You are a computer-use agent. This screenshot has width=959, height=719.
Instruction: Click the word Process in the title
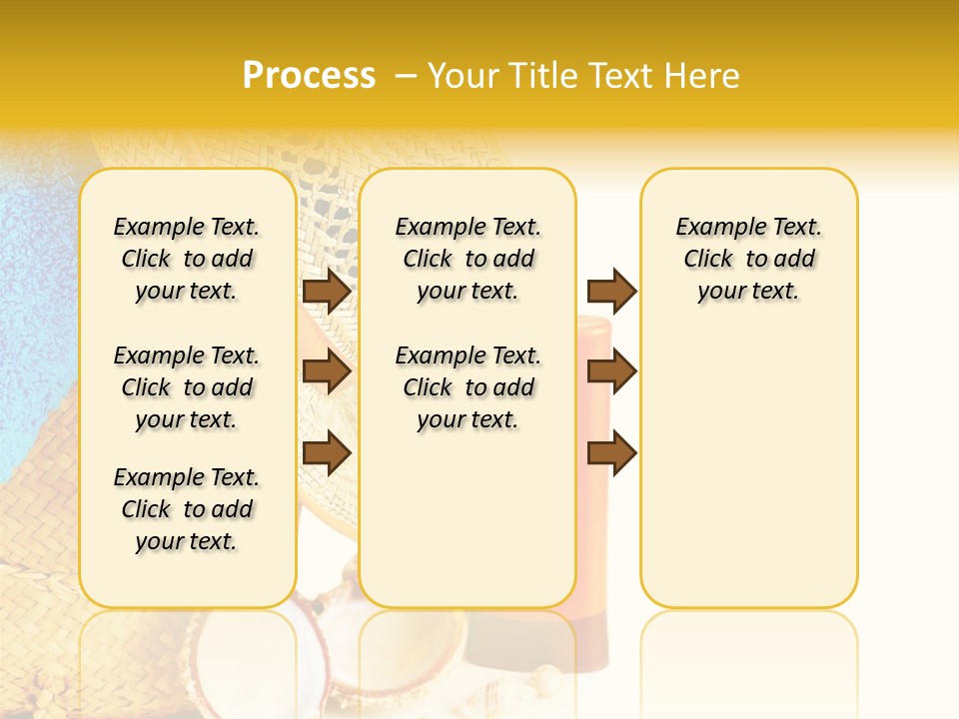click(309, 76)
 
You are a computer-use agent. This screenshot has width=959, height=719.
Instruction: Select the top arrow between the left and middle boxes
click(326, 291)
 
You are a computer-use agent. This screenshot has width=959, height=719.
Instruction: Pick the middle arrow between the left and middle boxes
click(326, 371)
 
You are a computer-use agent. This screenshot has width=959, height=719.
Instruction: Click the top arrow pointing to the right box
click(611, 291)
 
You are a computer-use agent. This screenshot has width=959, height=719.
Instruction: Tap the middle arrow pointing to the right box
click(611, 371)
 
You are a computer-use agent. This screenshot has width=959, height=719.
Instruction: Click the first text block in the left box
click(187, 259)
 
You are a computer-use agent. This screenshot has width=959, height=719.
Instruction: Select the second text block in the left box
click(187, 387)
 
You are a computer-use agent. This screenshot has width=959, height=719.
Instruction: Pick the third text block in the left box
click(187, 509)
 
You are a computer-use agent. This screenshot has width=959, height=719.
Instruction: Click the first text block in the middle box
click(468, 259)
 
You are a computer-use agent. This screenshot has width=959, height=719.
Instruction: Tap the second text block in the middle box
click(468, 387)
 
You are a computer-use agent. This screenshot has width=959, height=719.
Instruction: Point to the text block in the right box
click(748, 259)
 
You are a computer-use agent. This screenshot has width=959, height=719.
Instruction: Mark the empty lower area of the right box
click(748, 459)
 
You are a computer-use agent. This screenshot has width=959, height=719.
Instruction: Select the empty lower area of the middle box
click(468, 519)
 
